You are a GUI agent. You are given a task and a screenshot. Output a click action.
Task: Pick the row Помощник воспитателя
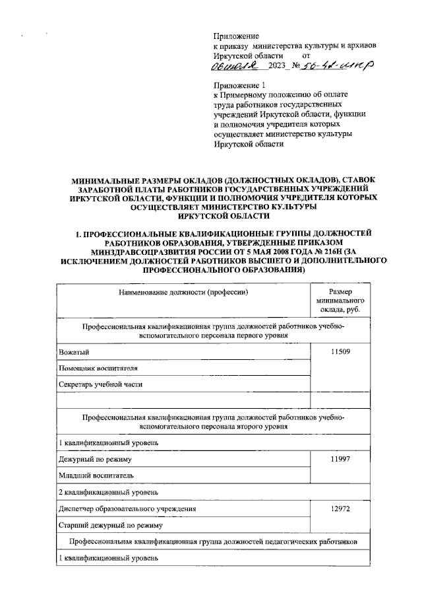pyautogui.click(x=98, y=368)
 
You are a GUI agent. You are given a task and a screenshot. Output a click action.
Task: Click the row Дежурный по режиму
pyautogui.click(x=96, y=458)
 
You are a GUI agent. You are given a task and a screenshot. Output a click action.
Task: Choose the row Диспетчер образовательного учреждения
pyautogui.click(x=127, y=509)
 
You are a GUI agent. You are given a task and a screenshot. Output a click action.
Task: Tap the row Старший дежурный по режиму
pyautogui.click(x=109, y=526)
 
